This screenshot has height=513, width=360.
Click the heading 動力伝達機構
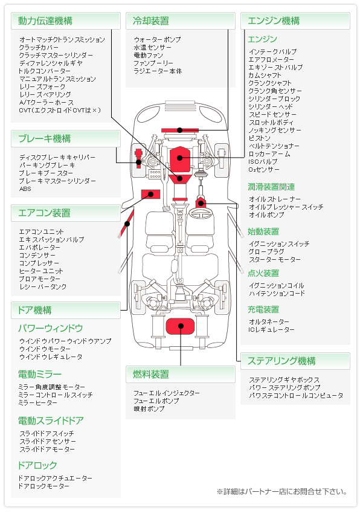46,21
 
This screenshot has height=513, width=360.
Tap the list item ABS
25,189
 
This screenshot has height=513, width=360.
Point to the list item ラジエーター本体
158,71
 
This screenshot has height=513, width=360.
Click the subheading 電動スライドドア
51,421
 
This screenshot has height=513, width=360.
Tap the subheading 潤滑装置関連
271,187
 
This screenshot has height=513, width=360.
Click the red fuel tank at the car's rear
179,326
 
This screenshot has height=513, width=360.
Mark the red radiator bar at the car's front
179,130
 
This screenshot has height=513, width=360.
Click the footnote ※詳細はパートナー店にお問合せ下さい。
281,492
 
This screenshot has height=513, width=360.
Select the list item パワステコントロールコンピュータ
296,396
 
